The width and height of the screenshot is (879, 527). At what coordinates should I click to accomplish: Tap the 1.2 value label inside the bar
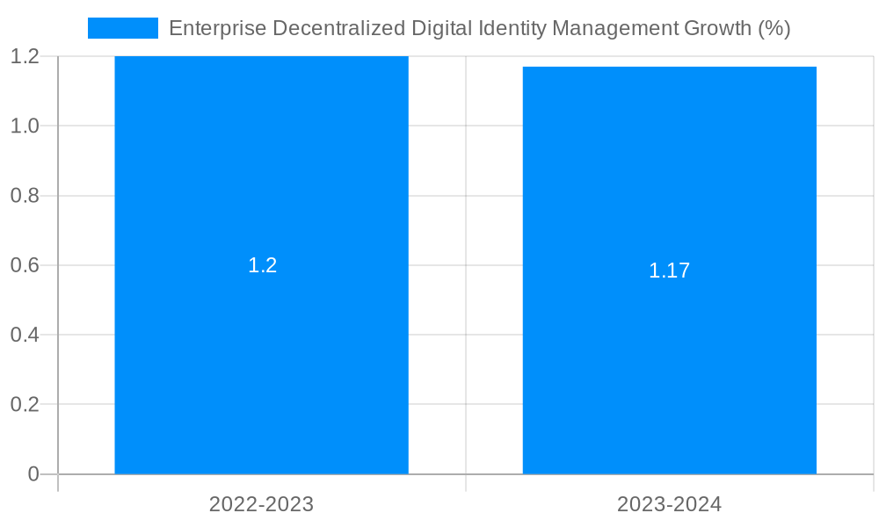pyautogui.click(x=262, y=265)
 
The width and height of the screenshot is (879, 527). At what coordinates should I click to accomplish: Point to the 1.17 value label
pyautogui.click(x=669, y=271)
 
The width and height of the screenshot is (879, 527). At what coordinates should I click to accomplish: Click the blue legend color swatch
pyautogui.click(x=123, y=28)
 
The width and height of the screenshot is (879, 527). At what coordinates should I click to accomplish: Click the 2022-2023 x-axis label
pyautogui.click(x=261, y=504)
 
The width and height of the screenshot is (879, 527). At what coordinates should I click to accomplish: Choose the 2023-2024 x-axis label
pyautogui.click(x=669, y=504)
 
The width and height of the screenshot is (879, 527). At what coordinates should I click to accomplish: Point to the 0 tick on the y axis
pyautogui.click(x=33, y=474)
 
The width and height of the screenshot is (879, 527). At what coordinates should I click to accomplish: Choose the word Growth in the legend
pyautogui.click(x=717, y=28)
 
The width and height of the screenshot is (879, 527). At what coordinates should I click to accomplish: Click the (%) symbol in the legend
pyautogui.click(x=774, y=28)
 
